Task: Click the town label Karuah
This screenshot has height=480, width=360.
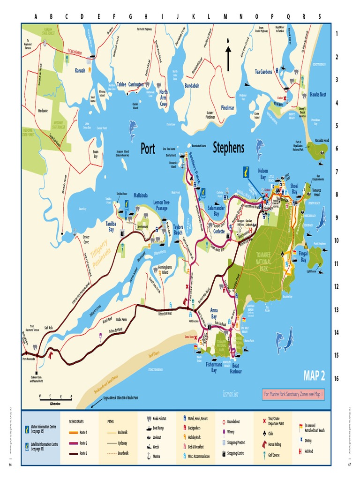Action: click(80, 70)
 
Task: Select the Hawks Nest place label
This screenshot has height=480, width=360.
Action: click(318, 94)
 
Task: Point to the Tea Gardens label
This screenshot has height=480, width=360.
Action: click(263, 72)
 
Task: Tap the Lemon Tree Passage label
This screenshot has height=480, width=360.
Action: click(161, 205)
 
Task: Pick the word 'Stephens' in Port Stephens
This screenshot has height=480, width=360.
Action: click(228, 148)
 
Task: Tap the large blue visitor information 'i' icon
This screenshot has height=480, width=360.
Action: click(246, 172)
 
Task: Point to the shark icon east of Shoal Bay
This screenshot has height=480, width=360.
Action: click(321, 219)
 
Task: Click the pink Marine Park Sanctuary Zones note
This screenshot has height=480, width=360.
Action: click(293, 395)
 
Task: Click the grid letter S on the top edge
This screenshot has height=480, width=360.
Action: click(320, 16)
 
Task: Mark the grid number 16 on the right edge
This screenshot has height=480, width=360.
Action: click(336, 378)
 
